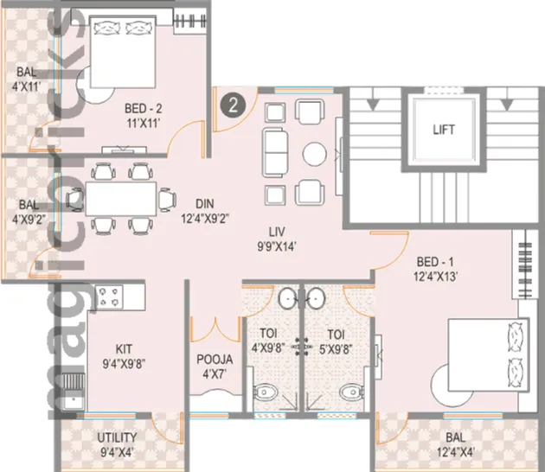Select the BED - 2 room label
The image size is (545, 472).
144,117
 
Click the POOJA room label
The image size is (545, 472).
214,367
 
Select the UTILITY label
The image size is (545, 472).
115,443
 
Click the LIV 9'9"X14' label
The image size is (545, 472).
276,239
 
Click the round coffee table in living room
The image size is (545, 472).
313,153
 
